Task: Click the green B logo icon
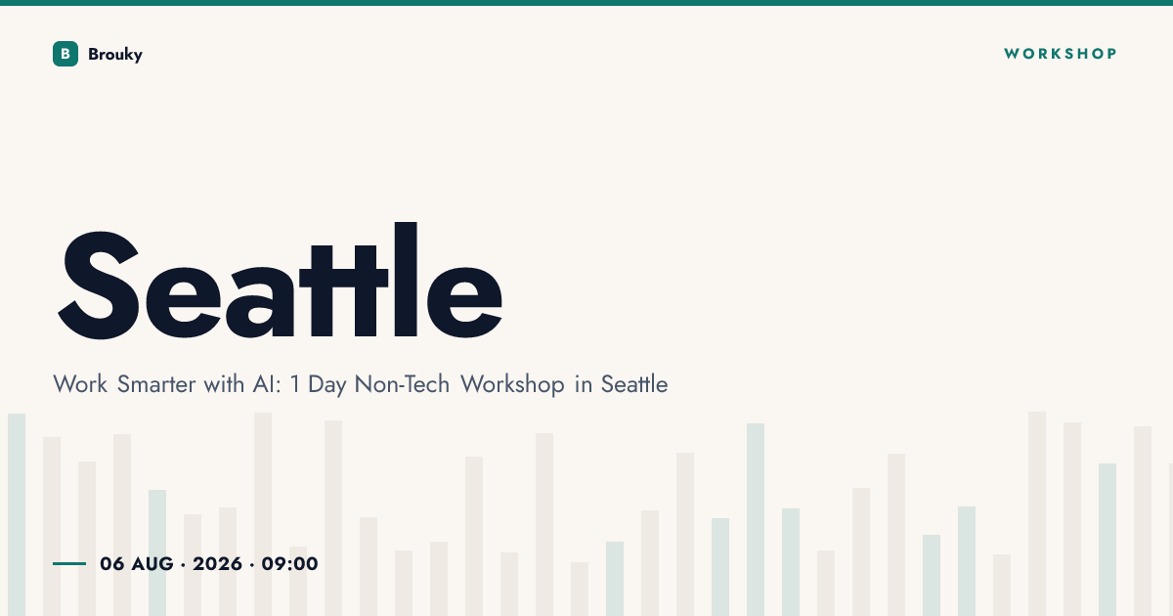tap(65, 54)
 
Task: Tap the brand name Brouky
tap(115, 55)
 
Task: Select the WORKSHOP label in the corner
tap(1060, 54)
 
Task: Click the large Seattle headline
tap(281, 281)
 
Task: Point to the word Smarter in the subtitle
tap(156, 384)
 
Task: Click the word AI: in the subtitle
tap(267, 384)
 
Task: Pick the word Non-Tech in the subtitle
tap(402, 384)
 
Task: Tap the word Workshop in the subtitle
tap(512, 385)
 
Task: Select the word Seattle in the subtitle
tap(634, 384)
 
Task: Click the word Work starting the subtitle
tap(80, 384)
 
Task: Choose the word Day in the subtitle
tap(326, 385)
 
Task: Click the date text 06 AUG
tap(136, 563)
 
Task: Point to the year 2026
tap(217, 563)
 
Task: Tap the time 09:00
tap(289, 563)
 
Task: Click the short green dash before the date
tap(69, 563)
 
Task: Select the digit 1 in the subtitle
tap(295, 384)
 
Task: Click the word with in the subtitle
tap(224, 384)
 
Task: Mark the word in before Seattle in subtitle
tap(583, 384)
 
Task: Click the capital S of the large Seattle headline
tap(98, 285)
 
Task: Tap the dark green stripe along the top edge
tap(586, 3)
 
